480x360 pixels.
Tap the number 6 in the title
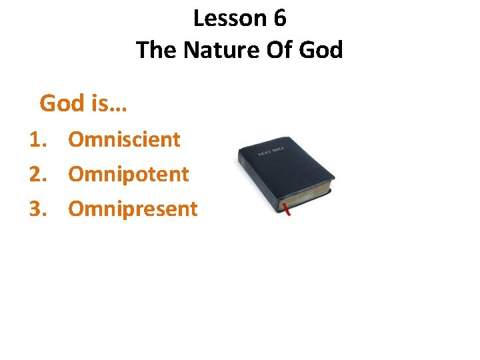279,19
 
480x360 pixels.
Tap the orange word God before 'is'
62,103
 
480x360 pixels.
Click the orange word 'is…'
110,103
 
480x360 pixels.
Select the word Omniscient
125,139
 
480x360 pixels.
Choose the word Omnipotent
129,174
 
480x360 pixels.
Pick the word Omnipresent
133,209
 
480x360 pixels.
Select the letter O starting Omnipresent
77,209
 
